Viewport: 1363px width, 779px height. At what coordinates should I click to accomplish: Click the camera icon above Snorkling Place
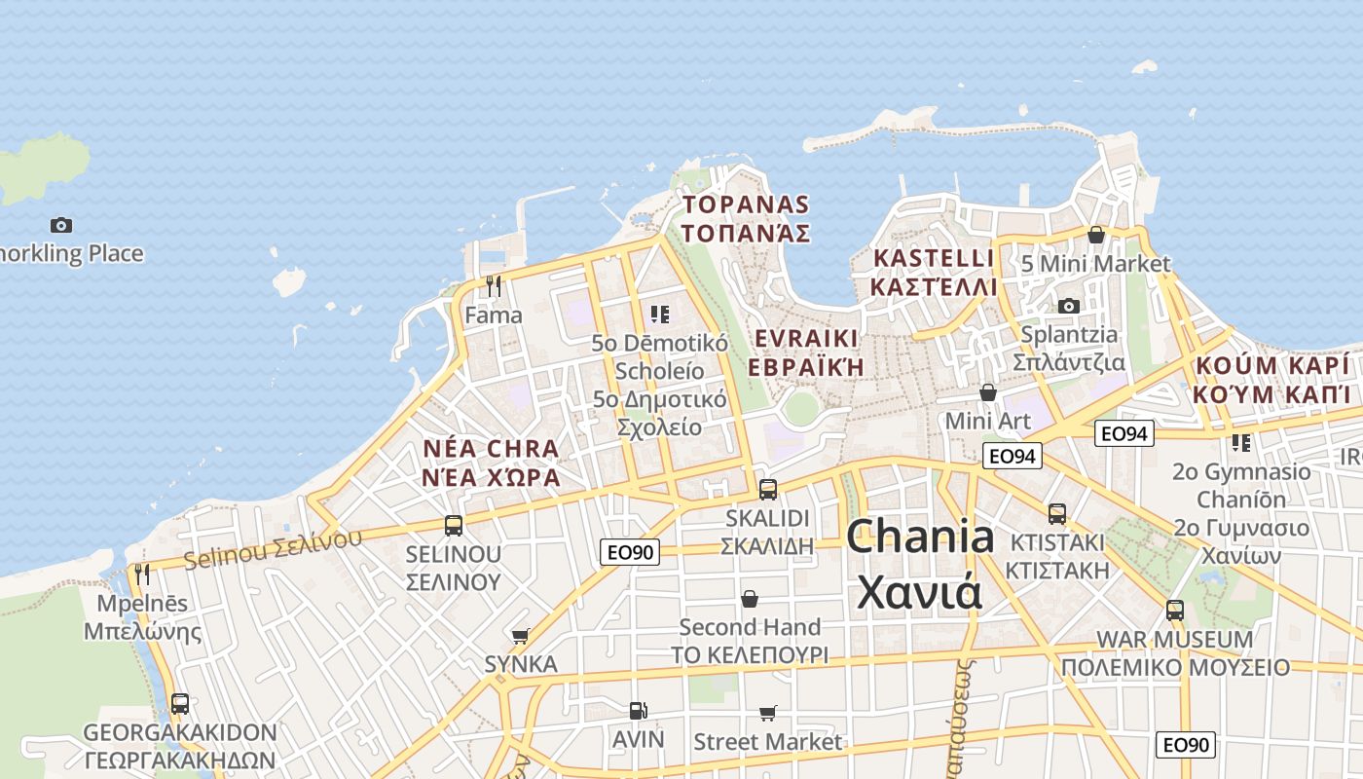[x=61, y=225]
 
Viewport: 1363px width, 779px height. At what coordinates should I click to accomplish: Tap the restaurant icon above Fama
[x=494, y=285]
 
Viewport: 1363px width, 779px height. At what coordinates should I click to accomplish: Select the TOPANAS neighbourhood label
[x=746, y=218]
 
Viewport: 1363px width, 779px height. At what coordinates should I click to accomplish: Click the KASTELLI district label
[x=934, y=272]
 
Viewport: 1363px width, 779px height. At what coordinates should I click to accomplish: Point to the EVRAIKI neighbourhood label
[x=805, y=352]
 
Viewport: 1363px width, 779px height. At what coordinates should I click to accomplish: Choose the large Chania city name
[x=920, y=564]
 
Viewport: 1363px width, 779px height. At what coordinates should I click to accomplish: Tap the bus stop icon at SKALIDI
[x=767, y=489]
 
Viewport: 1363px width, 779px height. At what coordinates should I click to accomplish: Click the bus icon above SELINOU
[x=454, y=525]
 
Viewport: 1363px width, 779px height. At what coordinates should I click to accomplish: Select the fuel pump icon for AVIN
[x=638, y=711]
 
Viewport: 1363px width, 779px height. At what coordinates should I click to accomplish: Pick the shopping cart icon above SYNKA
[x=521, y=636]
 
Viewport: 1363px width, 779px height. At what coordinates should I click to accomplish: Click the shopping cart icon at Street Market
[x=767, y=713]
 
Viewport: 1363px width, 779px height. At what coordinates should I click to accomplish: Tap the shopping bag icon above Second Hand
[x=750, y=598]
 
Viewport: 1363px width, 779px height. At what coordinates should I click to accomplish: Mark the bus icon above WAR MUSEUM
[x=1175, y=611]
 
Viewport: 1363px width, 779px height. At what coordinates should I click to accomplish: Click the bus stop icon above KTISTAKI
[x=1056, y=513]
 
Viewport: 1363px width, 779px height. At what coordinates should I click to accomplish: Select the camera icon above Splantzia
[x=1068, y=306]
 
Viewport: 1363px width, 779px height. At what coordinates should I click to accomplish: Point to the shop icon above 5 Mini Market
[x=1096, y=235]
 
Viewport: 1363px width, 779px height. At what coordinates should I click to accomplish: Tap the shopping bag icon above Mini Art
[x=988, y=391]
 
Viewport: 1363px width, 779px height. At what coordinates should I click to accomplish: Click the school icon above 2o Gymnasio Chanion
[x=1241, y=443]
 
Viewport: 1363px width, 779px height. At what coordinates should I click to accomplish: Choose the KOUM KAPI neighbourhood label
[x=1272, y=380]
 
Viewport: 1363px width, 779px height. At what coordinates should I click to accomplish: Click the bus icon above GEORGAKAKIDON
[x=180, y=703]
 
